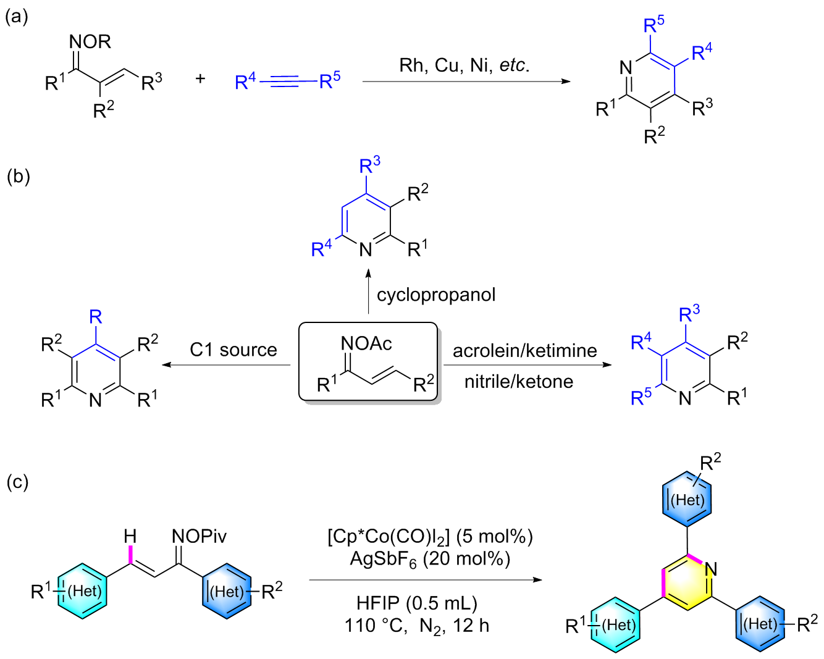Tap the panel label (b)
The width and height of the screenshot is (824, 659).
pyautogui.click(x=18, y=177)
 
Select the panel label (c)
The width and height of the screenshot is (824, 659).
pyautogui.click(x=17, y=482)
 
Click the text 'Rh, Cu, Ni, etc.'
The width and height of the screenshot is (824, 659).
pyautogui.click(x=465, y=65)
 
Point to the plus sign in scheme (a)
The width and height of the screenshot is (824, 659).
pyautogui.click(x=200, y=79)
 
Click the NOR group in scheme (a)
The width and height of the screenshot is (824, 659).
pyautogui.click(x=90, y=42)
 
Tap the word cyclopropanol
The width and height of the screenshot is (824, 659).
pyautogui.click(x=436, y=295)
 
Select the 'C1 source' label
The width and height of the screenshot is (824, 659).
pyautogui.click(x=233, y=350)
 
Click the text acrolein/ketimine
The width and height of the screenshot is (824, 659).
pyautogui.click(x=524, y=351)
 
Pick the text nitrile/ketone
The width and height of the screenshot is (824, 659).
pyautogui.click(x=518, y=382)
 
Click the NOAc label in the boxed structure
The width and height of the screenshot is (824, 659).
pyautogui.click(x=366, y=343)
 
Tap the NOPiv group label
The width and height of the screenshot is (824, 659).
pyautogui.click(x=199, y=536)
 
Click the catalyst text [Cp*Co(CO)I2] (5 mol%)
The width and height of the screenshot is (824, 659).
pyautogui.click(x=430, y=536)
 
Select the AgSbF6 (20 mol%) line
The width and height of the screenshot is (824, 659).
pyautogui.click(x=430, y=559)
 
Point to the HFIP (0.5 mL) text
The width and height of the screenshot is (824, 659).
pyautogui.click(x=417, y=603)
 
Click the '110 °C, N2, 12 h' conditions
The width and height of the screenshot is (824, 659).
pyautogui.click(x=417, y=626)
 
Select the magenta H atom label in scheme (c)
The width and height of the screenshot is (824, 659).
pyautogui.click(x=130, y=536)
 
